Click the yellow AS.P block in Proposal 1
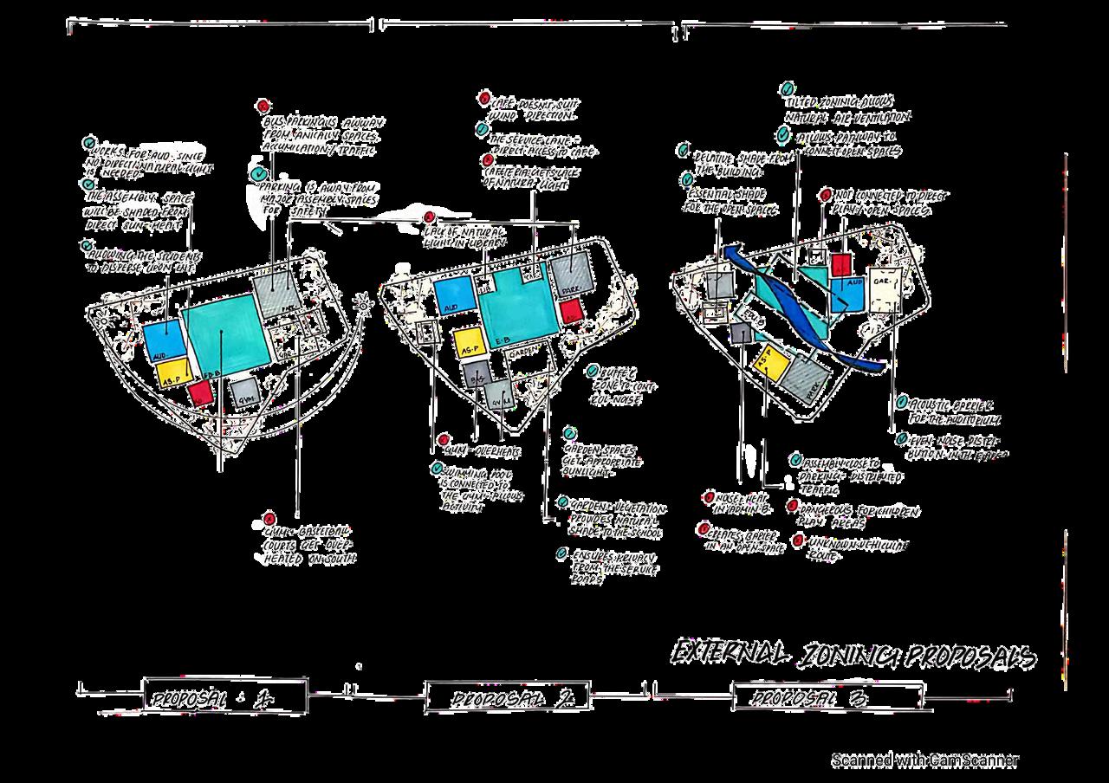[x=172, y=373]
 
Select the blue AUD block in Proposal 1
[x=163, y=340]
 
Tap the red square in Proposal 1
[x=200, y=394]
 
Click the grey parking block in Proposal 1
[x=276, y=291]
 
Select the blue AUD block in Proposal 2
[x=454, y=296]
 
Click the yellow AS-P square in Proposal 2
[x=468, y=343]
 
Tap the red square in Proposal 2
[x=570, y=310]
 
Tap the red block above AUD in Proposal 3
[x=840, y=265]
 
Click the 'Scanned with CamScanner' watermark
[x=924, y=760]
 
